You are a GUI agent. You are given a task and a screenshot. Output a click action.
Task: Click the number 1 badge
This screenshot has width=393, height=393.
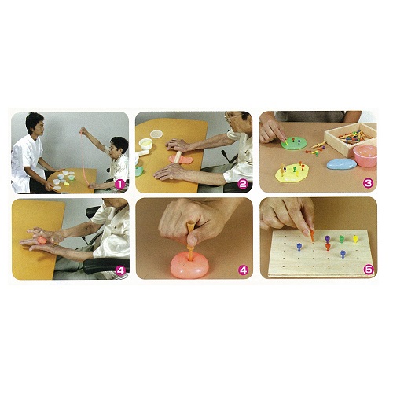coord(120,185)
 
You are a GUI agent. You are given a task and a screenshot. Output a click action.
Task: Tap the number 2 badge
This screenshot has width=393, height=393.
coord(243,184)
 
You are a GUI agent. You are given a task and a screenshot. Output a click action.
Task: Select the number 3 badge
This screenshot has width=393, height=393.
coord(368,183)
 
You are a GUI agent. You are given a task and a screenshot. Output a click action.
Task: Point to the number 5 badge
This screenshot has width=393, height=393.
coord(369,270)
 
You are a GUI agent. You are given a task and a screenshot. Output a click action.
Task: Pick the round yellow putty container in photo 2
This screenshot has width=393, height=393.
coord(145,144)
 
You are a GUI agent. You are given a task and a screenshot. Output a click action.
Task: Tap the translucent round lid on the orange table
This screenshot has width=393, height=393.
coord(156,134)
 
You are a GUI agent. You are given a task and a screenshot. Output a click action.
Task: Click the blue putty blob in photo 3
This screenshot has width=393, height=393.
coord(342,163)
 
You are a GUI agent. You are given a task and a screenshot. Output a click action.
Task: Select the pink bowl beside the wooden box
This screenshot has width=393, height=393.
coord(365,156)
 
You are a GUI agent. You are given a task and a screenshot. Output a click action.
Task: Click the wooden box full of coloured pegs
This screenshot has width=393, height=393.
coord(351,139)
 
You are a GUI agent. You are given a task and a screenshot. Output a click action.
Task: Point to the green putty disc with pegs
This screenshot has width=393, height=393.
coord(294,143)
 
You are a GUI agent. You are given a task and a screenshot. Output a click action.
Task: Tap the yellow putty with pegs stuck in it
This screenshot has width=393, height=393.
coord(292,173)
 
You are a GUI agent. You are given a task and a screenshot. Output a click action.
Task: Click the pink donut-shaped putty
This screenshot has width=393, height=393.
coord(189,266)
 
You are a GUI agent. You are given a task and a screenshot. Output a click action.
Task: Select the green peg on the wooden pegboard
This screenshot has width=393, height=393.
coord(341,239)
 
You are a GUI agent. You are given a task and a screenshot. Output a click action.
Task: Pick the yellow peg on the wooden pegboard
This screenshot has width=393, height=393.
coord(355,239)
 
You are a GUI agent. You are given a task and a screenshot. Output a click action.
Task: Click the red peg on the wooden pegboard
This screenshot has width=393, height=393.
coord(328,247)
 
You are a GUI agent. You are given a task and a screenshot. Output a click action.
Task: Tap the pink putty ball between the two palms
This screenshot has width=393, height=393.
coord(42,240)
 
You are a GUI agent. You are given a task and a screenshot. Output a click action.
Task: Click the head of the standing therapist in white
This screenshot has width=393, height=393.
coord(35,124)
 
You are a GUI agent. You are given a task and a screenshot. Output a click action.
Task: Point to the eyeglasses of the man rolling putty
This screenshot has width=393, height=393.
coord(232,116)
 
